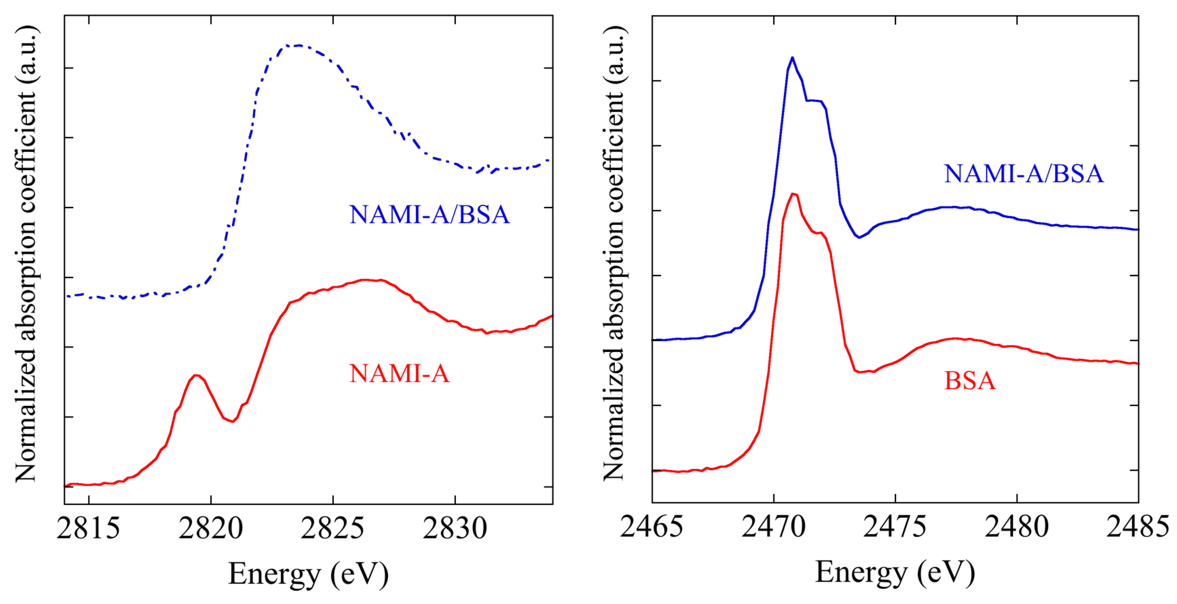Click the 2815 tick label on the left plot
point(88,529)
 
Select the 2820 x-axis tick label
point(210,529)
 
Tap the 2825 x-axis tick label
point(333,529)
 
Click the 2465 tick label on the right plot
point(652,527)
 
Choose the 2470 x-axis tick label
point(774,527)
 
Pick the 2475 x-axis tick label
point(895,527)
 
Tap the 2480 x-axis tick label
point(1017,527)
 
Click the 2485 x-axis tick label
point(1138,527)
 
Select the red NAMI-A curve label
point(399,374)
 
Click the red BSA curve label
point(970,381)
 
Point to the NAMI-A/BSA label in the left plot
point(429,215)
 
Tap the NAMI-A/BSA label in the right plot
point(1024,174)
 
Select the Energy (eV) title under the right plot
point(895,572)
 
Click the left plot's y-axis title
point(26,254)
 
